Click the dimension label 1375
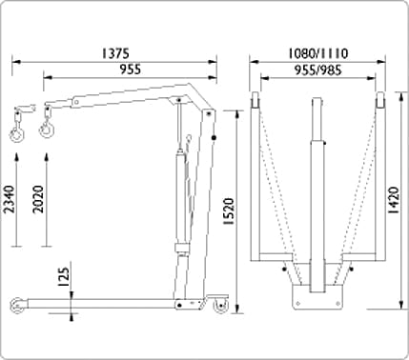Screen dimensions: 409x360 (x=115, y=53)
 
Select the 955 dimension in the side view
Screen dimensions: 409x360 (x=130, y=70)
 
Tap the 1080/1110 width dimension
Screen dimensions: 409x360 (x=317, y=53)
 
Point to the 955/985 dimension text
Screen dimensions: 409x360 (x=317, y=70)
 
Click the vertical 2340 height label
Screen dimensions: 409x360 (x=10, y=199)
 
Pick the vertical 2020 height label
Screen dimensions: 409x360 (x=39, y=199)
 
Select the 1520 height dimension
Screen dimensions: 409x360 (x=229, y=211)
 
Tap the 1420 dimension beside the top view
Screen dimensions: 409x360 (x=394, y=200)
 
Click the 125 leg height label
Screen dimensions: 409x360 (x=63, y=277)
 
